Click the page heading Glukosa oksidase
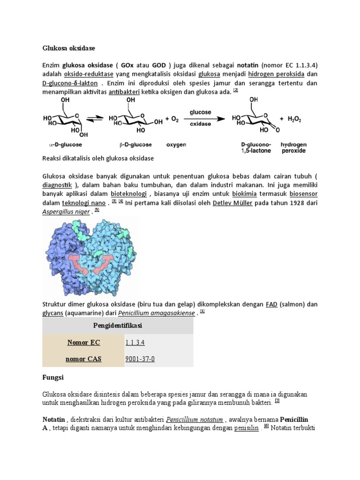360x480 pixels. click(x=68, y=48)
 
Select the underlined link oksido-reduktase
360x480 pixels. click(x=90, y=74)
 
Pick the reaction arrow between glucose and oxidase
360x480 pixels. click(x=200, y=119)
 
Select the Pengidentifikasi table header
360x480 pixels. click(x=118, y=325)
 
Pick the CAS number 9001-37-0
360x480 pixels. click(x=140, y=360)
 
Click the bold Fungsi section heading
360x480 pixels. click(x=53, y=376)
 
